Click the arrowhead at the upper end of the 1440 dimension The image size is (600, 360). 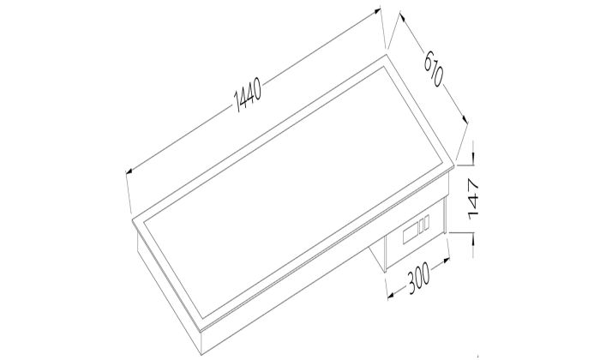tap(378, 11)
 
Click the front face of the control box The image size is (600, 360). tap(417, 241)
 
